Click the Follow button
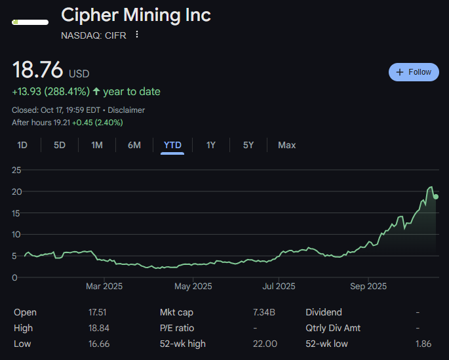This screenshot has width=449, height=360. point(414,72)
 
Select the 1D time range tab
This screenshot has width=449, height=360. point(22,145)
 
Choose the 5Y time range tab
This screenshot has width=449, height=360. point(248,145)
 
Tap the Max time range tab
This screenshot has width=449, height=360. point(286,145)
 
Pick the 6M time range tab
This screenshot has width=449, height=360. point(134,145)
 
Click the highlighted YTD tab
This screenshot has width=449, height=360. point(172,145)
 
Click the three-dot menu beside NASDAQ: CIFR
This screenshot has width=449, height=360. point(137,35)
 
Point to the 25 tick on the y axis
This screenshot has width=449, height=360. point(17,170)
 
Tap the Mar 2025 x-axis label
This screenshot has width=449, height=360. point(104,287)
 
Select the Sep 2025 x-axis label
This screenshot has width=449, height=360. point(368,287)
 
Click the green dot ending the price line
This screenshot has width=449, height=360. point(436,197)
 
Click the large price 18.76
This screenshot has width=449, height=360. point(38,70)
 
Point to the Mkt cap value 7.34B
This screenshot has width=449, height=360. point(265,313)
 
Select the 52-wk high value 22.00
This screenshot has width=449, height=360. point(265,344)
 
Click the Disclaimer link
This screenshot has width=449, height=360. point(127,110)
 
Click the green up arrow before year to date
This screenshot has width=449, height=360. point(96,92)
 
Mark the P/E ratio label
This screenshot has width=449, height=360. point(177,328)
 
